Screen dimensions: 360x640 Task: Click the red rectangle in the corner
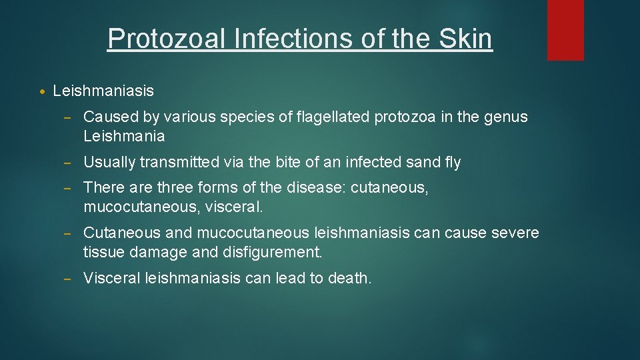click(565, 30)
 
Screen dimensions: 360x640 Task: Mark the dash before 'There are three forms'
click(69, 188)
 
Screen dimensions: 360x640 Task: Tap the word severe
click(515, 233)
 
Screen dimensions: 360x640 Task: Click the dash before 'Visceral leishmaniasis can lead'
click(69, 278)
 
